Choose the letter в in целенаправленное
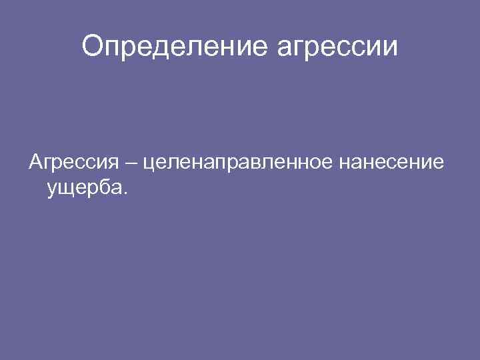point(254,163)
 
